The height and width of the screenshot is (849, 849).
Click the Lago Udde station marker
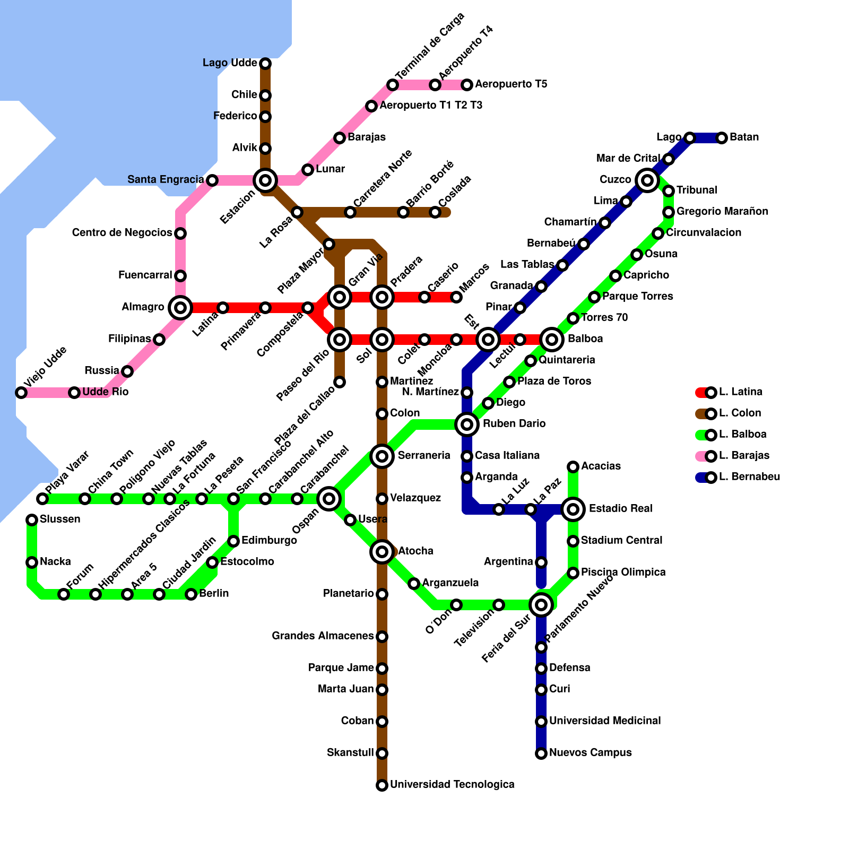[x=265, y=64]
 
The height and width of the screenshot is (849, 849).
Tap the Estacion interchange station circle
[x=265, y=180]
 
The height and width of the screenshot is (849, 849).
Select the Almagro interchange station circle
[x=180, y=307]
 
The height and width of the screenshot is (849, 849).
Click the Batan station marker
[x=722, y=138]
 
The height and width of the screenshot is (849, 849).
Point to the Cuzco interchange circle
[x=647, y=180]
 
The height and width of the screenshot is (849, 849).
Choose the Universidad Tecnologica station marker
[x=382, y=785]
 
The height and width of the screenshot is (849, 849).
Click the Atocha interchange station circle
[x=382, y=552]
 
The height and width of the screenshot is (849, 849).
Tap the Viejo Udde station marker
[x=21, y=393]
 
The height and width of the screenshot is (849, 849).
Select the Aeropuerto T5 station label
[x=511, y=84]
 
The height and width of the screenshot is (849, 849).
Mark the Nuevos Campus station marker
[x=541, y=753]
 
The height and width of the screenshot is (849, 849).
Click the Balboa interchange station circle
[x=552, y=339]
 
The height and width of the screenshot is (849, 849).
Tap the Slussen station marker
[x=32, y=520]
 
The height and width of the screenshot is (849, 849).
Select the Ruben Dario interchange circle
[x=467, y=424]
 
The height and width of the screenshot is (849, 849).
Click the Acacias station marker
[x=573, y=467]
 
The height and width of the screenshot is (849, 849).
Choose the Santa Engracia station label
[x=166, y=180]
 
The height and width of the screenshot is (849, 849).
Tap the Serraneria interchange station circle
[x=382, y=456]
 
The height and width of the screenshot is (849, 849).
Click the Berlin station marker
[x=191, y=594]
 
